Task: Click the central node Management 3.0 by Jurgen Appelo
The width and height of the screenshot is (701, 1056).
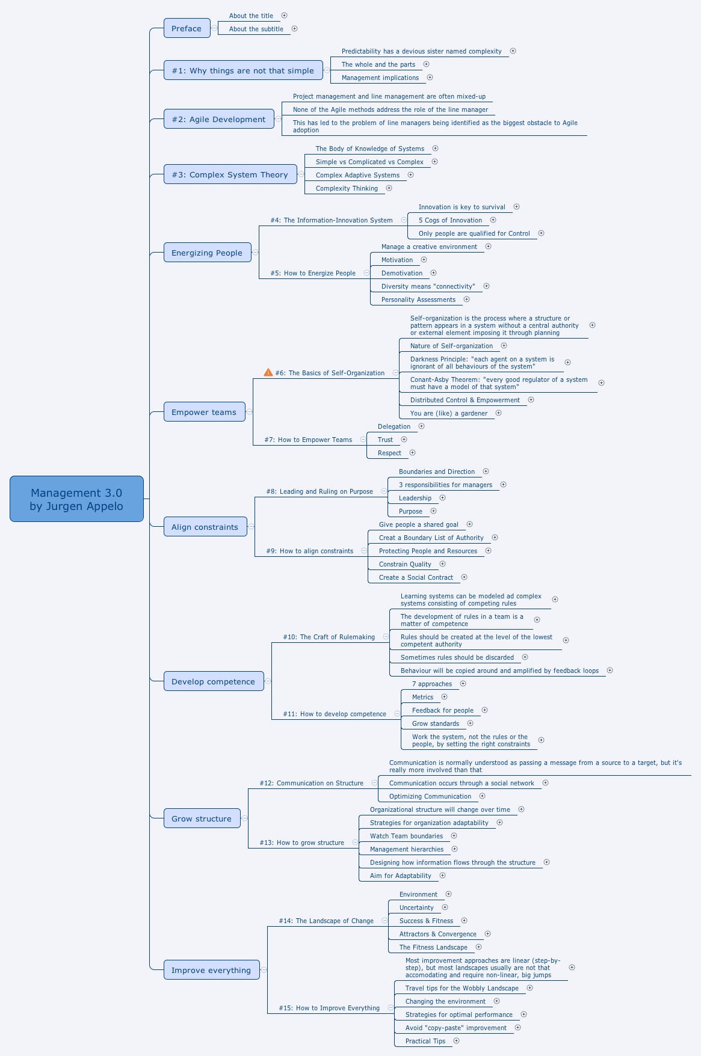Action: pos(76,499)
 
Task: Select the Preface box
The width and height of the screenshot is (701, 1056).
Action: pos(187,28)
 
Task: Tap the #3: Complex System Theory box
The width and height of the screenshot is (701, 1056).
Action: pos(230,174)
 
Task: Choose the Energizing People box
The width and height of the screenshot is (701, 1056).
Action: pos(207,253)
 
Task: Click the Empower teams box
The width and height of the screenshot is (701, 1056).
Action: pos(204,412)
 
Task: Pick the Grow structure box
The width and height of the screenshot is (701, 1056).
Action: pos(202,818)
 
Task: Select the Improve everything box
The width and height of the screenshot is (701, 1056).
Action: pos(211,970)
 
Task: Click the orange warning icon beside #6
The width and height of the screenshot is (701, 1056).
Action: pos(268,372)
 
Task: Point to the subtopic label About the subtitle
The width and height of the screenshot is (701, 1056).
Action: pos(256,29)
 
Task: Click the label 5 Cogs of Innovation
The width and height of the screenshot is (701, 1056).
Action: pos(450,220)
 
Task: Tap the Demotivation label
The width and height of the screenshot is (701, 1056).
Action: pos(402,273)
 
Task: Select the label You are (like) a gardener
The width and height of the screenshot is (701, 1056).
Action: pos(449,413)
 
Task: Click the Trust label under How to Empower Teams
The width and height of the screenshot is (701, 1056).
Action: pos(385,440)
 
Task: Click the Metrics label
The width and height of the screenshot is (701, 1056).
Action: pos(422,697)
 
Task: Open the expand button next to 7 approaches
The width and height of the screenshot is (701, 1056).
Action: pos(463,684)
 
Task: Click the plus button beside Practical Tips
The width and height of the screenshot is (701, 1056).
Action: pos(456,1041)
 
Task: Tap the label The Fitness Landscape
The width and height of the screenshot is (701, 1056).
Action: pos(433,947)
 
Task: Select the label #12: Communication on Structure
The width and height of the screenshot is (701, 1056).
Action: pos(312,783)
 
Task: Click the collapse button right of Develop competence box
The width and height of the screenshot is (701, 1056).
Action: pos(268,681)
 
